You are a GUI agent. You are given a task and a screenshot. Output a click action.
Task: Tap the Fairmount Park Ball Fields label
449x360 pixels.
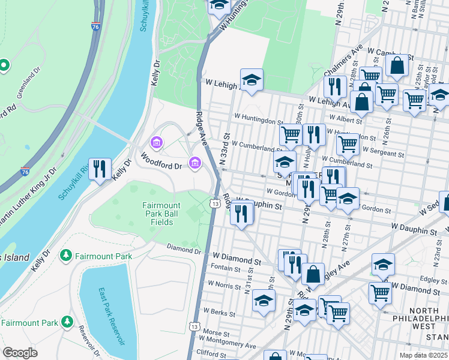(x=161, y=214)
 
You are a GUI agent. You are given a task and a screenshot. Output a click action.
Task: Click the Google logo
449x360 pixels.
(x=20, y=353)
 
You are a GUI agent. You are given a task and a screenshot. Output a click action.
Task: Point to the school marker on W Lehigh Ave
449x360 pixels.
(x=252, y=80)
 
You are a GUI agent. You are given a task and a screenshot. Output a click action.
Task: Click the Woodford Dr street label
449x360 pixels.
(x=161, y=160)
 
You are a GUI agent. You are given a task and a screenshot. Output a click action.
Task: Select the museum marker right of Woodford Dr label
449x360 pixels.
(x=194, y=163)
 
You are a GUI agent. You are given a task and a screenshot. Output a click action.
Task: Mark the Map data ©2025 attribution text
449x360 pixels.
(x=423, y=355)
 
